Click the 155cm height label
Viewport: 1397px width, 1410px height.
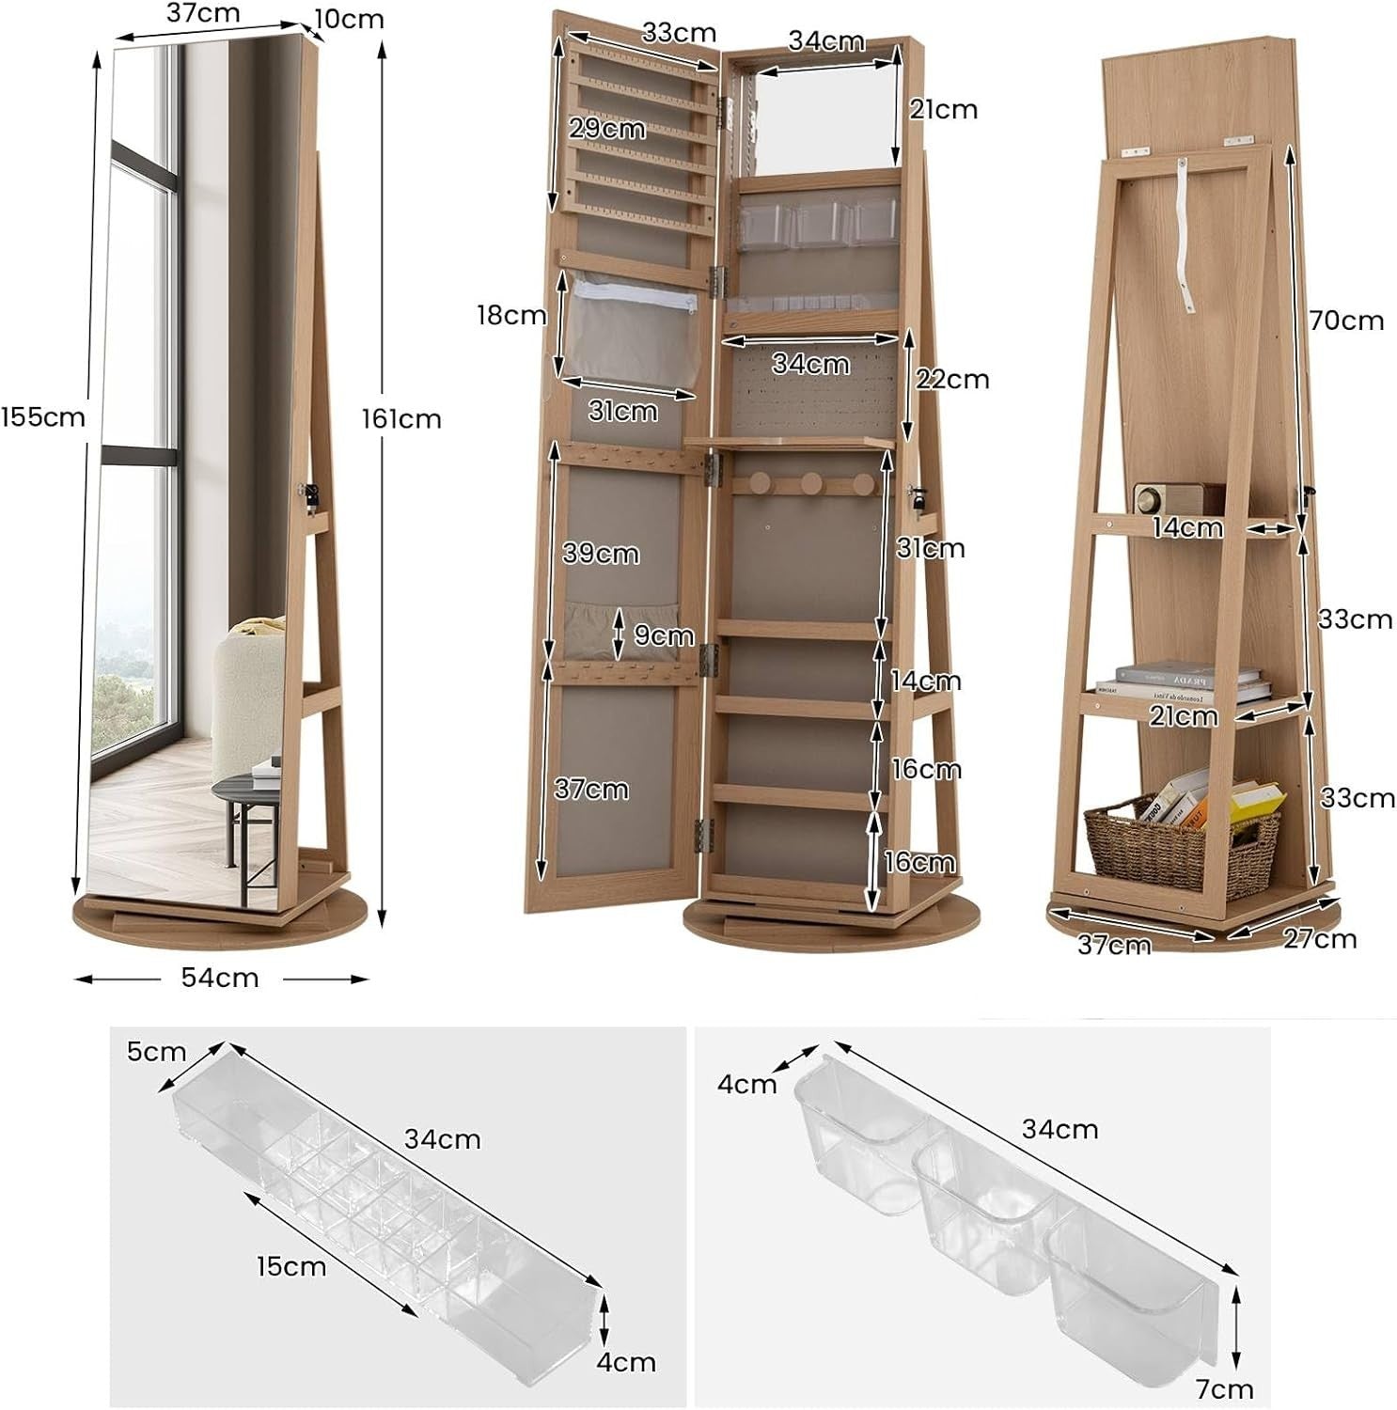43,416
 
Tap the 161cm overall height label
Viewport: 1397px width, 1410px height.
401,418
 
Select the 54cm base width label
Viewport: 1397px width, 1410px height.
220,978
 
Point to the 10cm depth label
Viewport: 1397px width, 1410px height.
349,19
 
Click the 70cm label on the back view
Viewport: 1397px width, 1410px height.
1347,321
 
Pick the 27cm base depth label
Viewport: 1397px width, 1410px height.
1320,938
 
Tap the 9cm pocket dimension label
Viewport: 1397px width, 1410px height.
664,635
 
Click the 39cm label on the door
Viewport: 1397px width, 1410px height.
601,553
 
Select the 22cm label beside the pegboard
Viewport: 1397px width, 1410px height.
952,379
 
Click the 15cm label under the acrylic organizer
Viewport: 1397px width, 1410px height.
291,1266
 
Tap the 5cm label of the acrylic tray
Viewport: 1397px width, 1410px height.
156,1051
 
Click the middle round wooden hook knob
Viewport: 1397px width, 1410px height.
809,488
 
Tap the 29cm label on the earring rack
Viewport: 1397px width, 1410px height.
607,128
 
